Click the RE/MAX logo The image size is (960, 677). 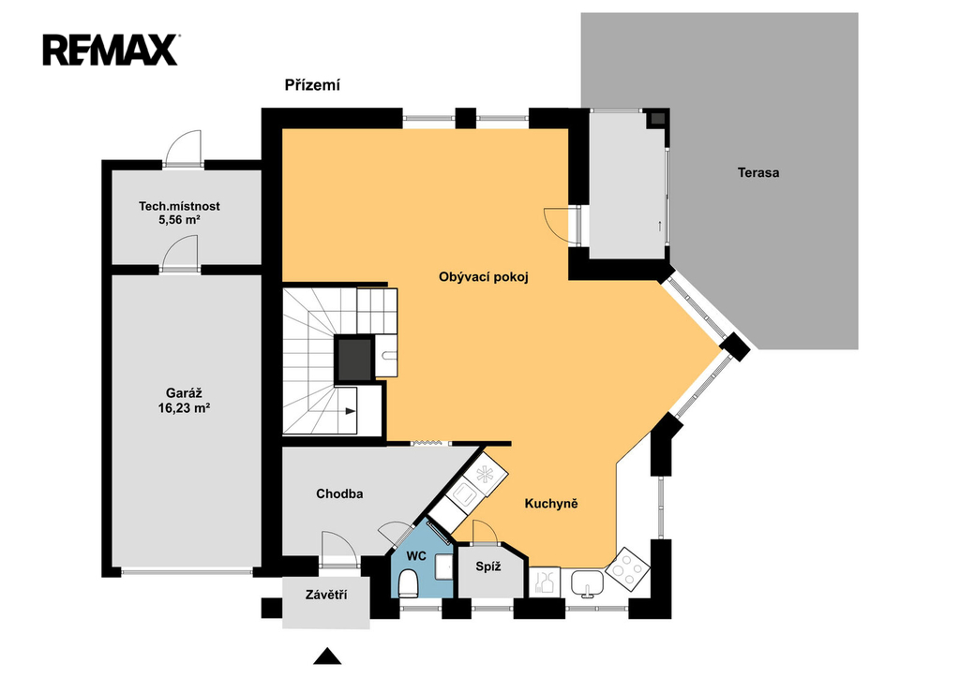(111, 51)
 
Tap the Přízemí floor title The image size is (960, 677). (312, 85)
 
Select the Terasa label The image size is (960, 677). (757, 172)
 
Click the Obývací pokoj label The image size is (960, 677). (484, 277)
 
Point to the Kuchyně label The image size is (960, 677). (551, 504)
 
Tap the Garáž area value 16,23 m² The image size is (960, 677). (185, 408)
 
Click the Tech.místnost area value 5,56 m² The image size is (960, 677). (179, 220)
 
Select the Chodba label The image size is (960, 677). (339, 493)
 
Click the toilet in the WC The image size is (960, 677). (408, 582)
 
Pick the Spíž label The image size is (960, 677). (488, 567)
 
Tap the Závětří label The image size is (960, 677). (326, 595)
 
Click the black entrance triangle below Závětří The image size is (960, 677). (327, 655)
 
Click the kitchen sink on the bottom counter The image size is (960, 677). (588, 582)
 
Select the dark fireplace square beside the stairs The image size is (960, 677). (354, 360)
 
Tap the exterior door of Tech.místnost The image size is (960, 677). (185, 148)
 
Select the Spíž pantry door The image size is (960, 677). (486, 532)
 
